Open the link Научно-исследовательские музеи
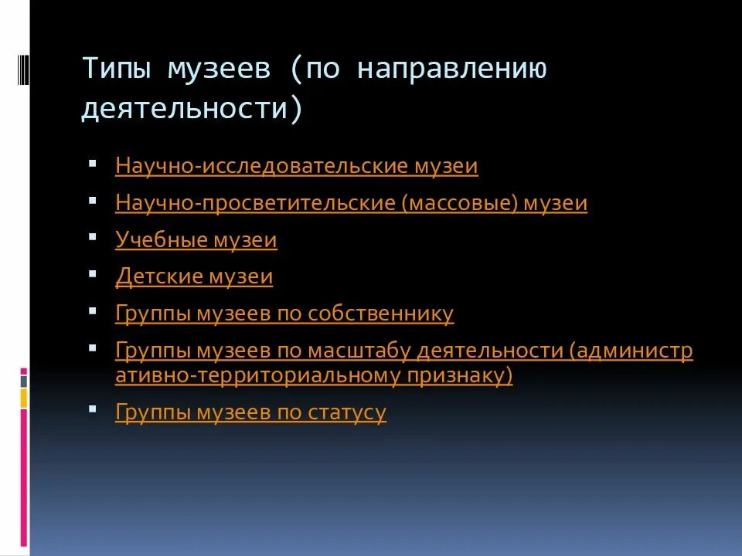click(x=297, y=167)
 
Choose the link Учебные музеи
click(x=196, y=240)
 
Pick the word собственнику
click(x=381, y=314)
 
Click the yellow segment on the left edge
click(x=24, y=398)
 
